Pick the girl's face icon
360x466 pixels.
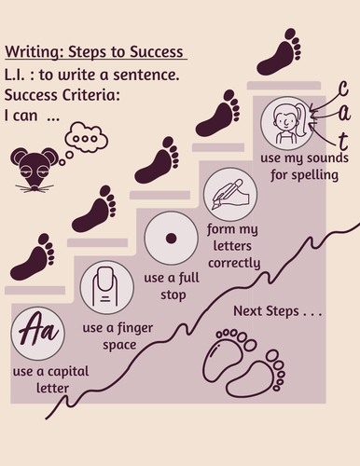(287, 124)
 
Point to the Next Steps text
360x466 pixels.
(278, 311)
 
